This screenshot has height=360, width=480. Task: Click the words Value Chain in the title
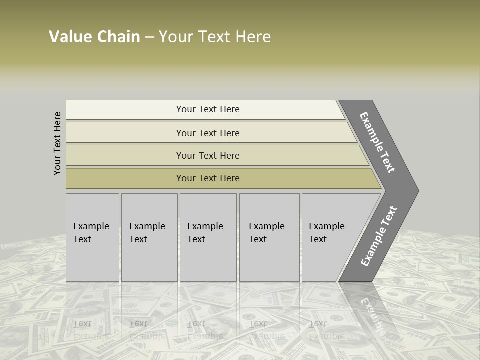[94, 37]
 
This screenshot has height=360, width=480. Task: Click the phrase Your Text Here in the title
[215, 37]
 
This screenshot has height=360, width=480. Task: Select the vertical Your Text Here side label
[57, 143]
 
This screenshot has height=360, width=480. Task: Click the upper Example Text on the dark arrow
[377, 142]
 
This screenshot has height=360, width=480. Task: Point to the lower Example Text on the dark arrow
[379, 236]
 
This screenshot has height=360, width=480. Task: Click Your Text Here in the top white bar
[208, 109]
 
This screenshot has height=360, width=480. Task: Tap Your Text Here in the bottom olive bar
[208, 178]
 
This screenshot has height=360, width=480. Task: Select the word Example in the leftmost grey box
[91, 226]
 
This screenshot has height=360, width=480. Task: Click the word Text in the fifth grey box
[317, 239]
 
